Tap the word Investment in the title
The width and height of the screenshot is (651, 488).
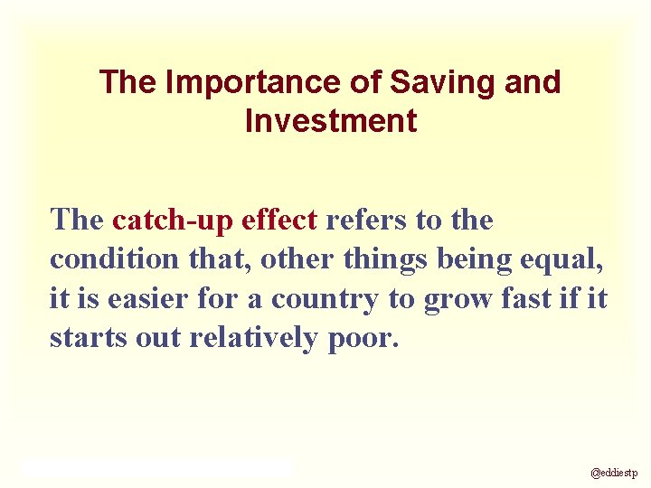tap(331, 121)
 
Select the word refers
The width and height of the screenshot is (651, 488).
tap(367, 220)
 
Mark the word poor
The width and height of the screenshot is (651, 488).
tap(361, 337)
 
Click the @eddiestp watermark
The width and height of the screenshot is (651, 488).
tap(614, 473)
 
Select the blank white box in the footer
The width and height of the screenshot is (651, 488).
tap(158, 467)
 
